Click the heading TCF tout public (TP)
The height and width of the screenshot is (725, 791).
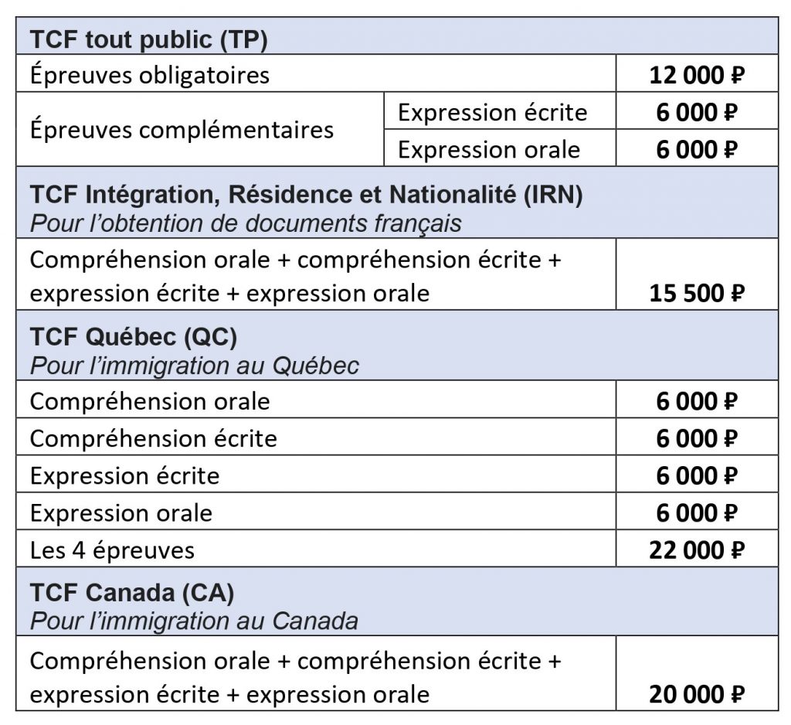(x=148, y=39)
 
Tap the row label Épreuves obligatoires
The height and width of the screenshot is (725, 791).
(x=150, y=75)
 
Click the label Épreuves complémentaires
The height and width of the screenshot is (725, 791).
(x=182, y=129)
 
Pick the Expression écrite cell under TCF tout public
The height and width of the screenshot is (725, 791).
(x=492, y=113)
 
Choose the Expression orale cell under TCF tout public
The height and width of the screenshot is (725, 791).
(x=488, y=149)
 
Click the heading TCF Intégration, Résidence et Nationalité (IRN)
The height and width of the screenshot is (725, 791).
(x=306, y=194)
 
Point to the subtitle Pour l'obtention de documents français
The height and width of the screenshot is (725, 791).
(x=246, y=223)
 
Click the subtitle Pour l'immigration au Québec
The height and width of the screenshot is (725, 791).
(x=194, y=365)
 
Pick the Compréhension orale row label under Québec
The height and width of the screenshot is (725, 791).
(x=150, y=401)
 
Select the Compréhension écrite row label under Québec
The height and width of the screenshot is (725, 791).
(x=153, y=438)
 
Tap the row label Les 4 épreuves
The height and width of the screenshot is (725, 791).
(x=112, y=550)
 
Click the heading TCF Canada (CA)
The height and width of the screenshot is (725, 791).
(x=132, y=593)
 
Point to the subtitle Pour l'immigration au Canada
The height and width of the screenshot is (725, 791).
(x=194, y=621)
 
